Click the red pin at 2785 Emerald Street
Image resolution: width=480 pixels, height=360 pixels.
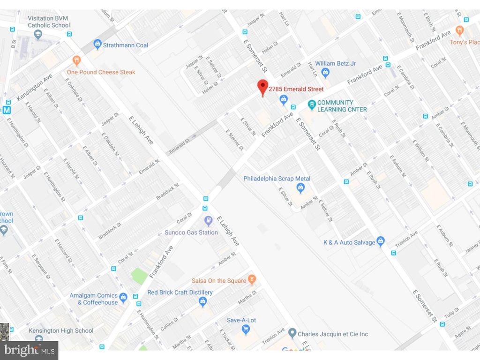pyautogui.click(x=262, y=87)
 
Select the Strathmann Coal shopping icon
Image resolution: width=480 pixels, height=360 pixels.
pyautogui.click(x=97, y=45)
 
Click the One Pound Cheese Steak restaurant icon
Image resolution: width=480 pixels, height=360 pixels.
pyautogui.click(x=76, y=60)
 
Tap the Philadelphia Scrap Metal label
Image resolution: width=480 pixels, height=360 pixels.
pyautogui.click(x=277, y=179)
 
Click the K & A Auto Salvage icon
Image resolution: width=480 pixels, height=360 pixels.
pyautogui.click(x=381, y=242)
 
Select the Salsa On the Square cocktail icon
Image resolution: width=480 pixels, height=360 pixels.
pyautogui.click(x=252, y=280)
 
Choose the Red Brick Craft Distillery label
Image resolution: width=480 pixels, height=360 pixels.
pyautogui.click(x=180, y=292)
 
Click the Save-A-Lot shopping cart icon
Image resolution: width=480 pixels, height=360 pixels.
pyautogui.click(x=245, y=330)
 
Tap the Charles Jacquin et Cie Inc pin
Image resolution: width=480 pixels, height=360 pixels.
pyautogui.click(x=292, y=334)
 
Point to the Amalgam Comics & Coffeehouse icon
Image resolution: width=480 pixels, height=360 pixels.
pyautogui.click(x=123, y=297)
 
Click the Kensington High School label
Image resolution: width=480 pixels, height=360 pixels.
pyautogui.click(x=61, y=330)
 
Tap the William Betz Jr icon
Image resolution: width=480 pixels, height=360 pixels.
pyautogui.click(x=326, y=73)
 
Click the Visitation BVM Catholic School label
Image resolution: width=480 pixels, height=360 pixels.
pyautogui.click(x=48, y=22)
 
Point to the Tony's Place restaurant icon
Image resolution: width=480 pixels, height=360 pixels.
pyautogui.click(x=459, y=31)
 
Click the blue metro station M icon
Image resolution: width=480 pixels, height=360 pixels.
pyautogui.click(x=6, y=110)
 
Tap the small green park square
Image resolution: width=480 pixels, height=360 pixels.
pyautogui.click(x=139, y=276)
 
